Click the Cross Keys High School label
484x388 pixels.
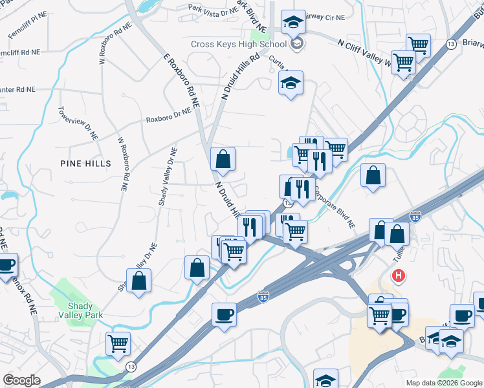[238, 45]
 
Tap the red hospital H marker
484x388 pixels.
[399, 275]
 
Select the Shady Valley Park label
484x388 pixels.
[85, 310]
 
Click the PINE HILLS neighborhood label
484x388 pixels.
[85, 163]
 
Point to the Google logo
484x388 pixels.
[21, 380]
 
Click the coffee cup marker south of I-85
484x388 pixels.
[224, 315]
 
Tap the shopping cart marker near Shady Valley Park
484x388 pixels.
[118, 343]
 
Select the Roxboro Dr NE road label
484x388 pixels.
[168, 115]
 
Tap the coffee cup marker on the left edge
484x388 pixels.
[6, 265]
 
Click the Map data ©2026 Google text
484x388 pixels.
[443, 383]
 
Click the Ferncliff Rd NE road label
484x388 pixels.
[20, 52]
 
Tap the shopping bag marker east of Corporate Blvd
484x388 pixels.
[373, 175]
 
